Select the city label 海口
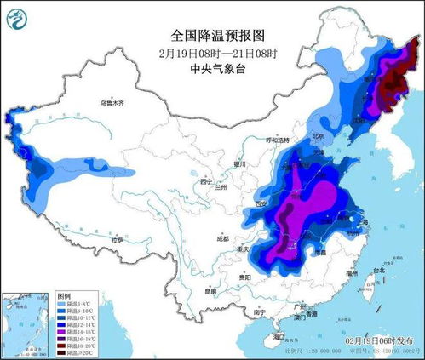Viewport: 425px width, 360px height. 279,337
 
